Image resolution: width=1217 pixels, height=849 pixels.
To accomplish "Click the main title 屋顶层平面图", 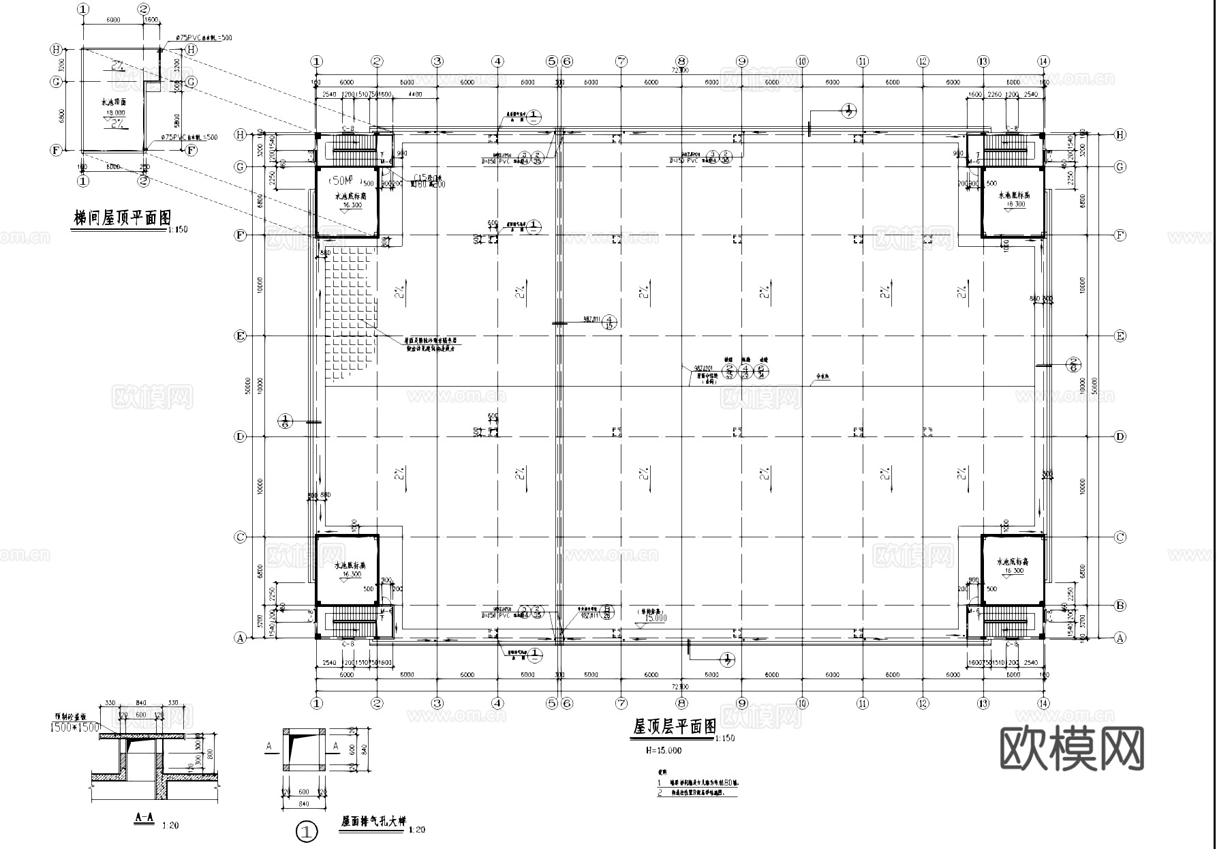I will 674,727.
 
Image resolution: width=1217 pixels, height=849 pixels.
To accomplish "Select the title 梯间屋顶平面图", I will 122,218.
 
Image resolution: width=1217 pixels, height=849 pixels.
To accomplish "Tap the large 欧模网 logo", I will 1072,748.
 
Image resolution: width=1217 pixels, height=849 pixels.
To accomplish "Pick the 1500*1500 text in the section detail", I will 75,728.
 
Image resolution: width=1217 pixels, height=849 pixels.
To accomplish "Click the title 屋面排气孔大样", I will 373,822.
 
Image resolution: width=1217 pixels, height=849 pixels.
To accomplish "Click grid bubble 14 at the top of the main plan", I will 1043,61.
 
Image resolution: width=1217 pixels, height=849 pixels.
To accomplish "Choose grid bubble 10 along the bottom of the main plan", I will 802,703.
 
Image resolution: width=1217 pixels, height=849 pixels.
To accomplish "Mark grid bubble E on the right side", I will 1120,336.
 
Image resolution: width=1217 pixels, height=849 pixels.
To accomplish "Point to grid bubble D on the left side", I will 240,436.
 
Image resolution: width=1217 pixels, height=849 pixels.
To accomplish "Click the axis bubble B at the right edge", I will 1120,605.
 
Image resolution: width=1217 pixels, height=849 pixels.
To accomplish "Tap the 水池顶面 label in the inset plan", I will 114,102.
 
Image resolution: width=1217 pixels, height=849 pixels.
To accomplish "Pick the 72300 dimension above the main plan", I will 679,70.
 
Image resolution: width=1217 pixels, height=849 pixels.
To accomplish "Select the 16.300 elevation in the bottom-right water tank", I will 1012,571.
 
